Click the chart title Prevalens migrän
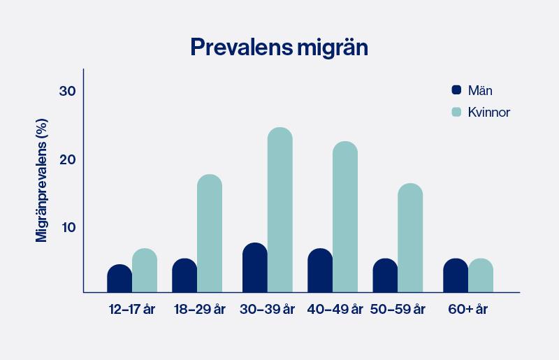pos(279,48)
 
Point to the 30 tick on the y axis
pos(67,92)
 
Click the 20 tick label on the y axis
pos(67,159)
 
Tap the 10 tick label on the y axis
pos(67,227)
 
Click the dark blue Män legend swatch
pos(457,90)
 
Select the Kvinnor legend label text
pos(490,112)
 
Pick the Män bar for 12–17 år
pos(119,279)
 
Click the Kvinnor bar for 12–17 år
pos(145,271)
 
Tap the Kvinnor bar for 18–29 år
pos(210,233)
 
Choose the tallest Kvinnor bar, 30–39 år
pos(279,210)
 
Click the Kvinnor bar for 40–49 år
pos(345,217)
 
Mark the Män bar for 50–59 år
pos(385,275)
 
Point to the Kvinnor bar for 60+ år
pos(481,275)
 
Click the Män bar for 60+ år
pos(456,275)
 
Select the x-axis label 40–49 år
pos(335,309)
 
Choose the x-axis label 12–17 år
pos(131,309)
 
